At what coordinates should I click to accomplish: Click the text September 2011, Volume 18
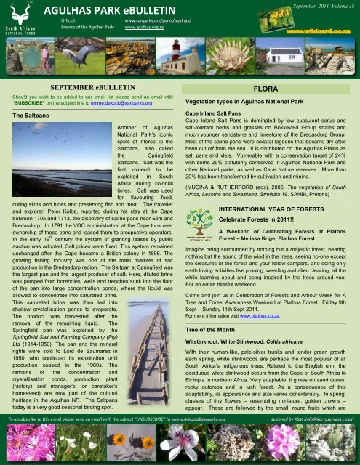(x=324, y=6)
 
